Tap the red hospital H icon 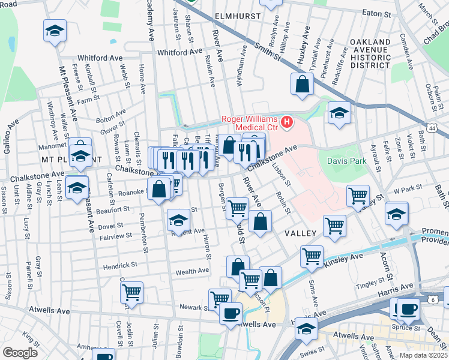click(287, 123)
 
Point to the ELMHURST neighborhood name click(238, 16)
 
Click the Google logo click(20, 352)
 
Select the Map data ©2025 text click(423, 355)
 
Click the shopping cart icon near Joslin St click(131, 292)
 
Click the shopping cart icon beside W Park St click(358, 195)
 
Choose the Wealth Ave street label click(191, 271)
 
